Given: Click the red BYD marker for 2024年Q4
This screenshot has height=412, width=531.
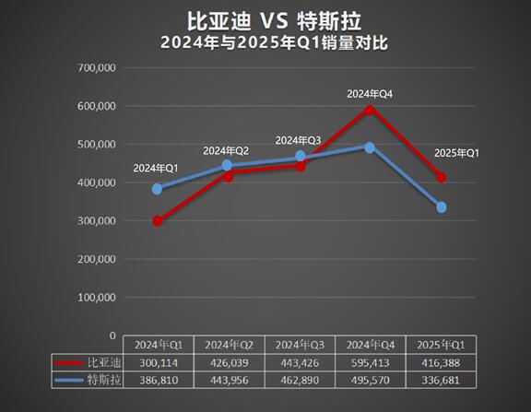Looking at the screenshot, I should [x=370, y=110].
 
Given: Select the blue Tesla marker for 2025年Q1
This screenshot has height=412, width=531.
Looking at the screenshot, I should [x=442, y=207].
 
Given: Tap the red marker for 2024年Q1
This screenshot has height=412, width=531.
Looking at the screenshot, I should [x=157, y=221].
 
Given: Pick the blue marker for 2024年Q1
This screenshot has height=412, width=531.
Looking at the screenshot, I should [x=157, y=189].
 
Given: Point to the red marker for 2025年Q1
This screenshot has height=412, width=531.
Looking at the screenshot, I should [x=442, y=177].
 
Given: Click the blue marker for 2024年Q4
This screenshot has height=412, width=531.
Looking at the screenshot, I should [x=370, y=147].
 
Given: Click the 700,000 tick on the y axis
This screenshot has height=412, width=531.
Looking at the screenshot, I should [x=97, y=67].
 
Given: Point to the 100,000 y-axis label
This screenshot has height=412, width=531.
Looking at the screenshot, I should [x=97, y=298].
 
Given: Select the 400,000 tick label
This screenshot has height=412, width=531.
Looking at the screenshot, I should [x=97, y=182].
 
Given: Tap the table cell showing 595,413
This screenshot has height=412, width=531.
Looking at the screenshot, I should [x=370, y=362].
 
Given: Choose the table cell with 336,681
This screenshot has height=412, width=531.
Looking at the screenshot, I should [x=442, y=380].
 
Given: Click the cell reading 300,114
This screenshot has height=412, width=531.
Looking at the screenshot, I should [x=157, y=362].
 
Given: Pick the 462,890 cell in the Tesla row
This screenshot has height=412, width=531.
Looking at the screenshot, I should [x=299, y=380].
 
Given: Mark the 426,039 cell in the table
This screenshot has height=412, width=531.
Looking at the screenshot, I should [x=228, y=362].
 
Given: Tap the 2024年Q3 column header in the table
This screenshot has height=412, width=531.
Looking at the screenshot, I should [x=299, y=345].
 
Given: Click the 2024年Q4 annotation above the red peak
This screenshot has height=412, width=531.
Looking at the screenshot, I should [x=370, y=94].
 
